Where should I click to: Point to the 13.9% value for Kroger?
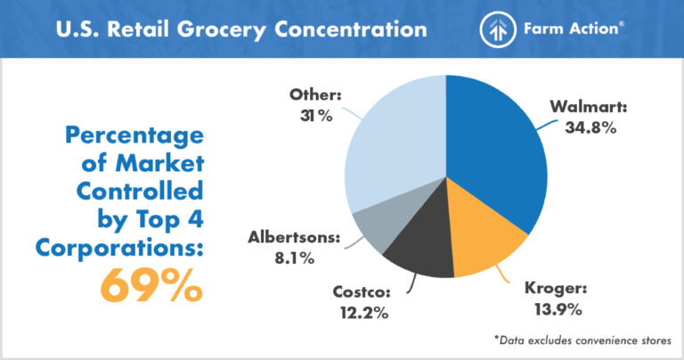[x=558, y=310]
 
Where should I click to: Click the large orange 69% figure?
[x=151, y=284]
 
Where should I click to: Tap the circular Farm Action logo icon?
[x=498, y=29]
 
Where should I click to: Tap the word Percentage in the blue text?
[x=134, y=137]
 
